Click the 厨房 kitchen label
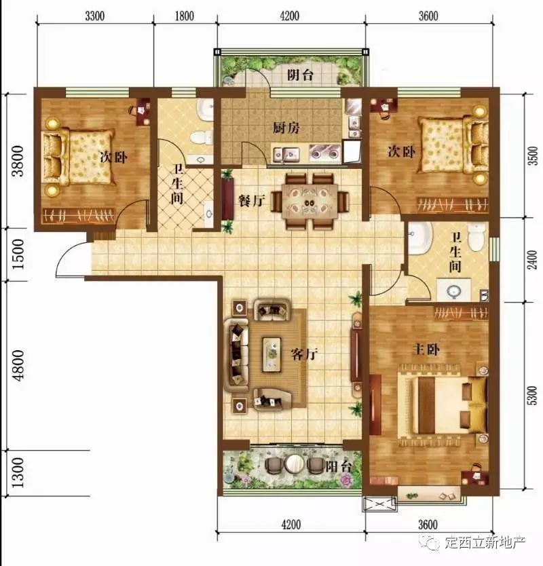(286, 128)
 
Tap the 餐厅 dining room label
(252, 200)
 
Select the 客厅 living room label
(304, 354)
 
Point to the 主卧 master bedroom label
(426, 350)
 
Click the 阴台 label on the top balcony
(300, 75)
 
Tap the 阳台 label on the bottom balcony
(338, 467)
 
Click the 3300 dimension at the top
(95, 16)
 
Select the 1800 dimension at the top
(184, 16)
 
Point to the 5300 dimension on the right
(533, 395)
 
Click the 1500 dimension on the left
(18, 254)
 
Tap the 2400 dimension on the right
(533, 259)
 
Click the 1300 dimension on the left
(18, 473)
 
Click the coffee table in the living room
(272, 354)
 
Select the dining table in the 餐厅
(310, 201)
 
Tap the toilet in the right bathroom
(476, 236)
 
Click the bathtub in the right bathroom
(420, 238)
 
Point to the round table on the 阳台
(295, 464)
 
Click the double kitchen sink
(286, 155)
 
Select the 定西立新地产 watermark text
(485, 542)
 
